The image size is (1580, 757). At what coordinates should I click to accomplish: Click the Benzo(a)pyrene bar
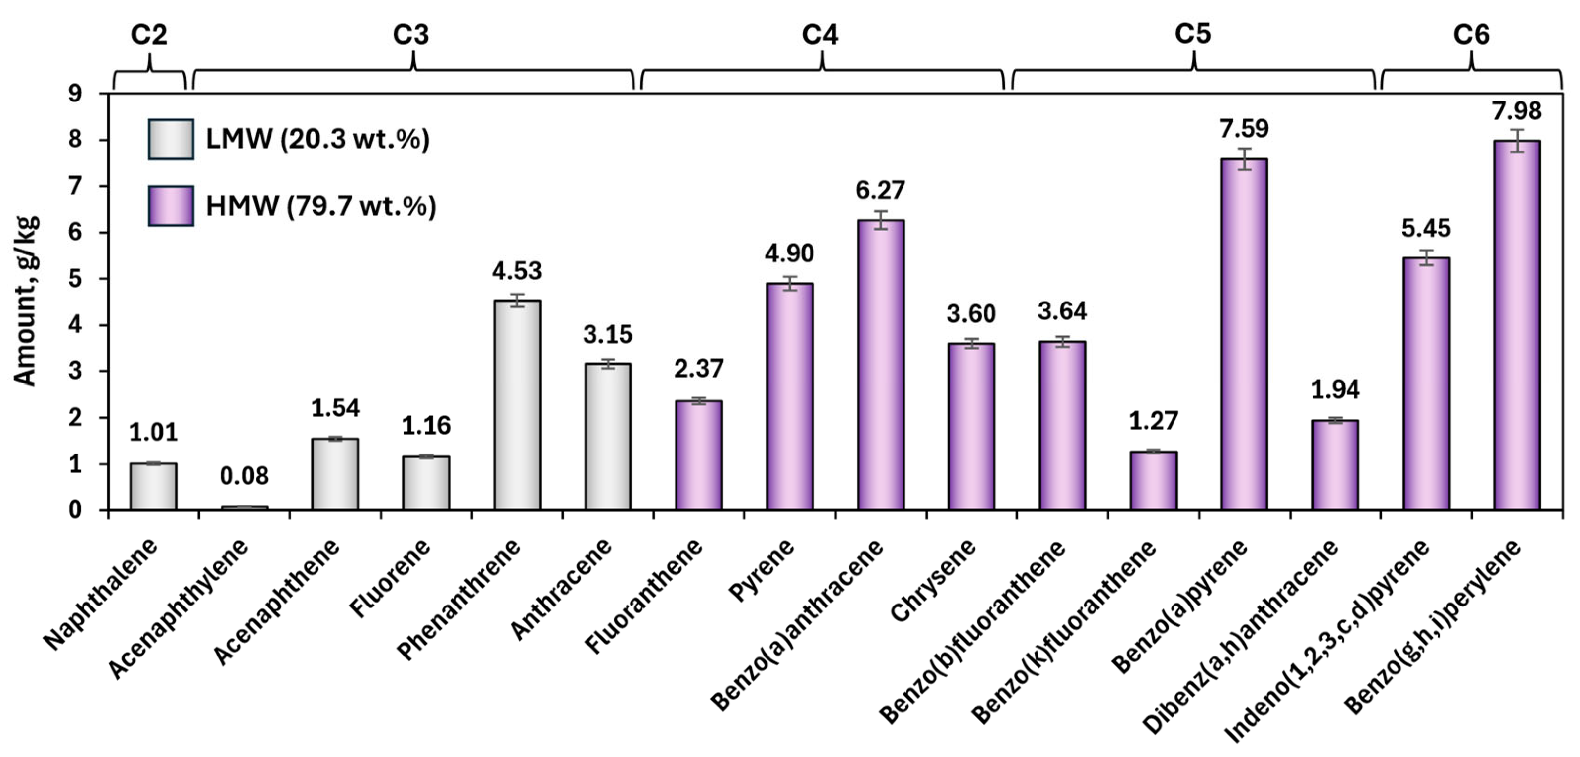tap(1244, 335)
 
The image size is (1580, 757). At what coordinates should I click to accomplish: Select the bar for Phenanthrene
tap(517, 405)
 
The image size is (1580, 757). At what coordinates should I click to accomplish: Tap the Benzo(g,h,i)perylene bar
tap(1517, 325)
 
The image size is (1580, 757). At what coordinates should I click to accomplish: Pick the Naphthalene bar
tap(153, 487)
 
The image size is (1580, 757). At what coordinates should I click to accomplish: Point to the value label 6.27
tap(880, 190)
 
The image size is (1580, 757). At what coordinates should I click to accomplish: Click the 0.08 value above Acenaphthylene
tap(244, 476)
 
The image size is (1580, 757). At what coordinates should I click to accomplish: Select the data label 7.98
tap(1517, 111)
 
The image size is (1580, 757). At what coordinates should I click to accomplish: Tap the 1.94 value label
tap(1335, 389)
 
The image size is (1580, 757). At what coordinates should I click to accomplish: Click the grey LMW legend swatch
tap(171, 139)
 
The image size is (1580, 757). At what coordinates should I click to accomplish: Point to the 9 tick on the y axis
tap(75, 94)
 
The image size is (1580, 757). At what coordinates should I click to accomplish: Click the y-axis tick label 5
tap(75, 279)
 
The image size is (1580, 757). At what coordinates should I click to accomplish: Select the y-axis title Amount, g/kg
tap(26, 301)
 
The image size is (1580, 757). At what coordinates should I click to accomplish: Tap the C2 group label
tap(149, 35)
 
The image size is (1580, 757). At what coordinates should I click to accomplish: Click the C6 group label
tap(1471, 35)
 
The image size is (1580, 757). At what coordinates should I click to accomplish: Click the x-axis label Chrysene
tap(932, 581)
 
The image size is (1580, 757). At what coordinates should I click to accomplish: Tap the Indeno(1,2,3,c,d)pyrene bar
tap(1426, 384)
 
